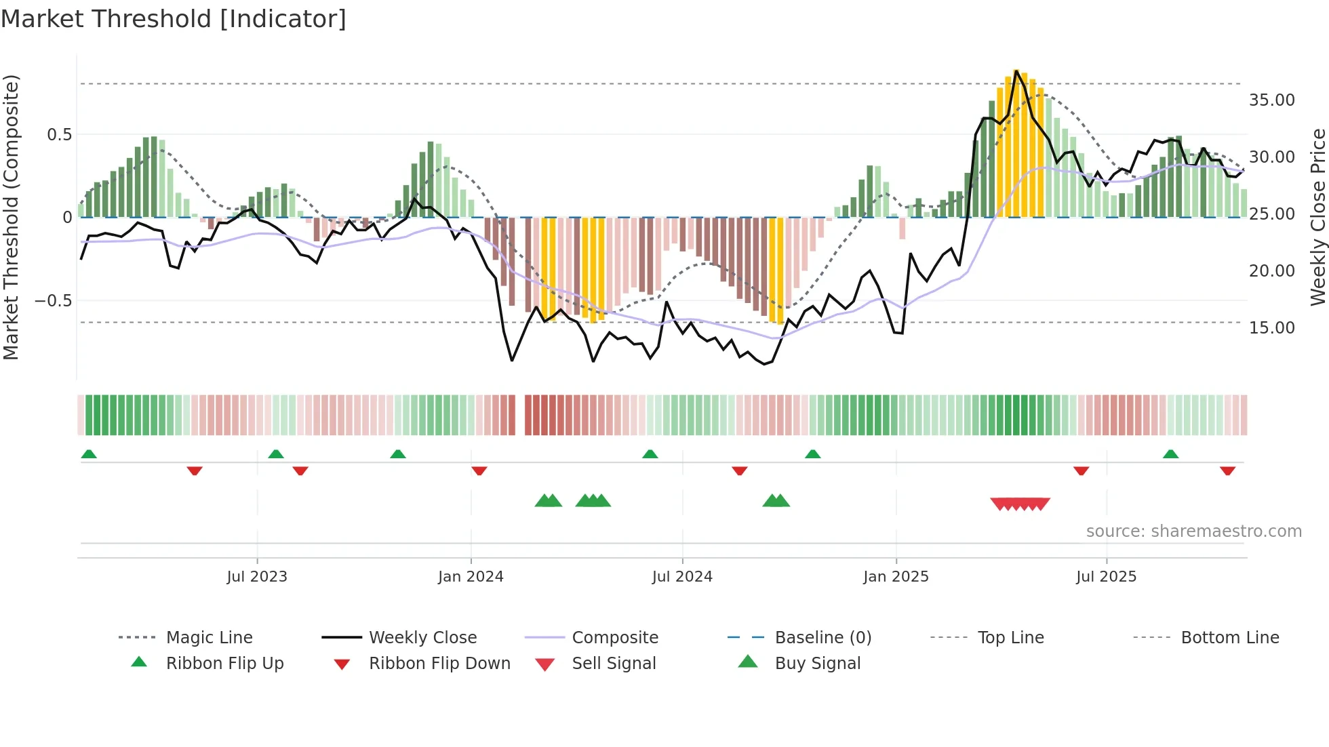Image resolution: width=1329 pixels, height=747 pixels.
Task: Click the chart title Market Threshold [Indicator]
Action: pos(174,19)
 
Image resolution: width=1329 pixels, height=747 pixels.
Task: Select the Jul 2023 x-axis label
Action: pos(257,577)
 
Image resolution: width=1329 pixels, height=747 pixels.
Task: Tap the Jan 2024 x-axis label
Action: pos(471,577)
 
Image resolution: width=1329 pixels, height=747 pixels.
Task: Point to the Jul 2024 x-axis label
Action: pos(682,577)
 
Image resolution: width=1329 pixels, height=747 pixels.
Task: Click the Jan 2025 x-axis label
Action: pos(896,577)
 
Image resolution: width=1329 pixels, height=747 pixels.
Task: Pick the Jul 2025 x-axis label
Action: pos(1106,577)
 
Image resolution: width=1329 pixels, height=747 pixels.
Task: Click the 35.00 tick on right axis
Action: pos(1271,100)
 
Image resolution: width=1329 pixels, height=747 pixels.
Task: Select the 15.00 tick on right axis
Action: pos(1271,328)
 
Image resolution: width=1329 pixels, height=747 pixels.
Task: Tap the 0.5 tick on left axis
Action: pos(60,135)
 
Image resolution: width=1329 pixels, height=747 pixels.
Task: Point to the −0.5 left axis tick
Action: pos(54,301)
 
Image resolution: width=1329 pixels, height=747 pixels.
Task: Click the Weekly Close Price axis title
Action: pos(1317,217)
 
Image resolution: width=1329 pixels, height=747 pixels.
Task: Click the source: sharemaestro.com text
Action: pos(1193,531)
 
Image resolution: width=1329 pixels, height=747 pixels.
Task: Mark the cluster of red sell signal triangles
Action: pos(1020,504)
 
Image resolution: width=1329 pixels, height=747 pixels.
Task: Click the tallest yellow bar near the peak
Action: pos(1016,142)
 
